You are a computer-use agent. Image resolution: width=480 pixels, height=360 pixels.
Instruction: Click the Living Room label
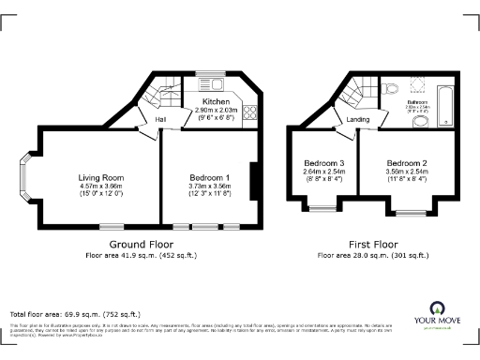coord(101,176)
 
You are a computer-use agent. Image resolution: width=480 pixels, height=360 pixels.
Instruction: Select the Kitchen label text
coord(217,101)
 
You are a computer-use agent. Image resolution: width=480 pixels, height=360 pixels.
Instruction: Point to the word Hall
coord(160,120)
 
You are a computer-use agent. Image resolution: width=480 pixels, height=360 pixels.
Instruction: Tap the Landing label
coord(358,120)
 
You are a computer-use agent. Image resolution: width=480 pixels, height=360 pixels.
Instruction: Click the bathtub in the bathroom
coord(447,106)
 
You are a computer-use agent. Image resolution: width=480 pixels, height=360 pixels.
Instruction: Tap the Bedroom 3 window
coord(323,203)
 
